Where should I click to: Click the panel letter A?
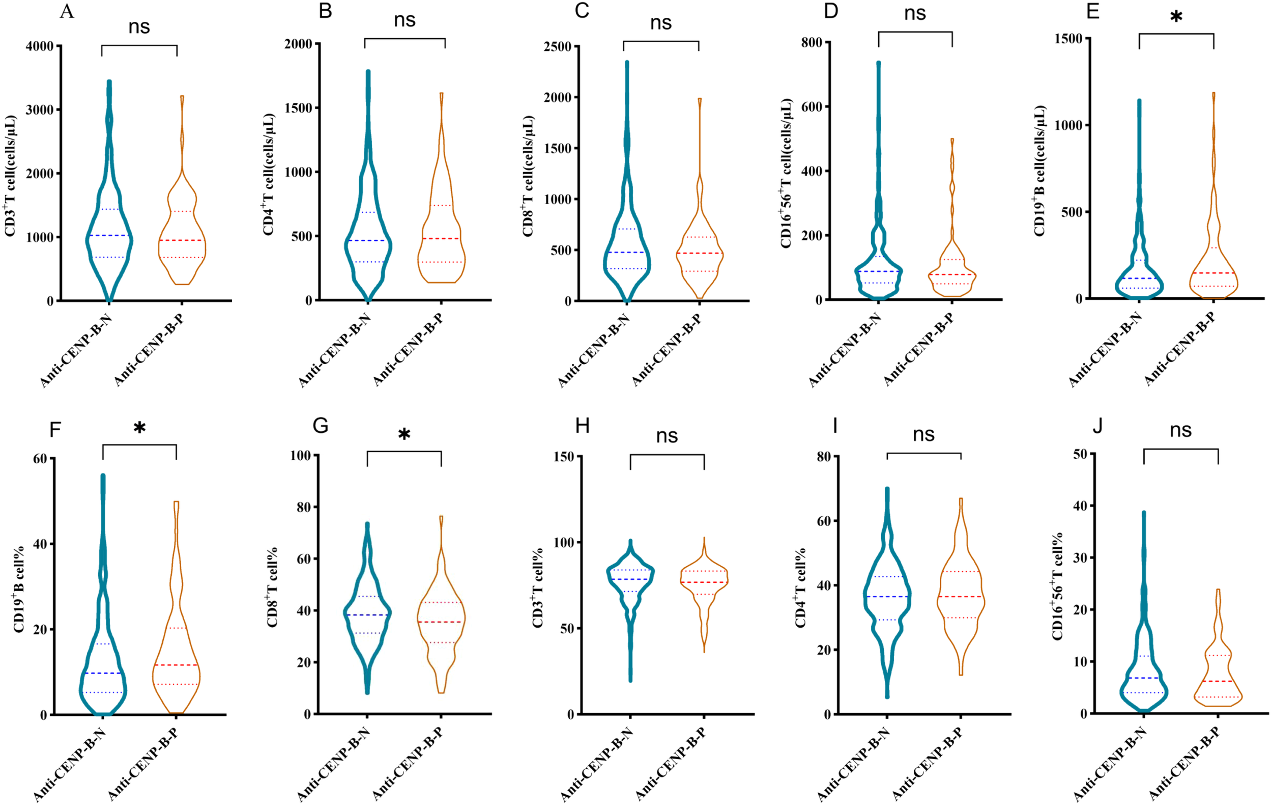pos(67,11)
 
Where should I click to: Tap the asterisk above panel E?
pos(1176,17)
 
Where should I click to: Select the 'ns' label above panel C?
pos(660,23)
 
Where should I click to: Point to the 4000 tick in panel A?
pos(40,46)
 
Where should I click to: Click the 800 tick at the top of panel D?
pos(812,42)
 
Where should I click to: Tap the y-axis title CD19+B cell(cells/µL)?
pos(1039,171)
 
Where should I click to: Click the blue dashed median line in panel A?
pos(109,235)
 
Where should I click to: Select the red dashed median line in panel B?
pos(441,238)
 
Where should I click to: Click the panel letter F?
pos(55,430)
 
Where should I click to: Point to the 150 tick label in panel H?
pos(564,456)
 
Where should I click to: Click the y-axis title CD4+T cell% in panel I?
pos(801,588)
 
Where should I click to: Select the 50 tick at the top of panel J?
pos(1080,454)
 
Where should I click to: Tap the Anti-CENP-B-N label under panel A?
pos(75,351)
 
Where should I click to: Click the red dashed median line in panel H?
pos(704,582)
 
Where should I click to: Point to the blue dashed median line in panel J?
pos(1143,678)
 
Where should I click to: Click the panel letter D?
pos(831,11)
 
